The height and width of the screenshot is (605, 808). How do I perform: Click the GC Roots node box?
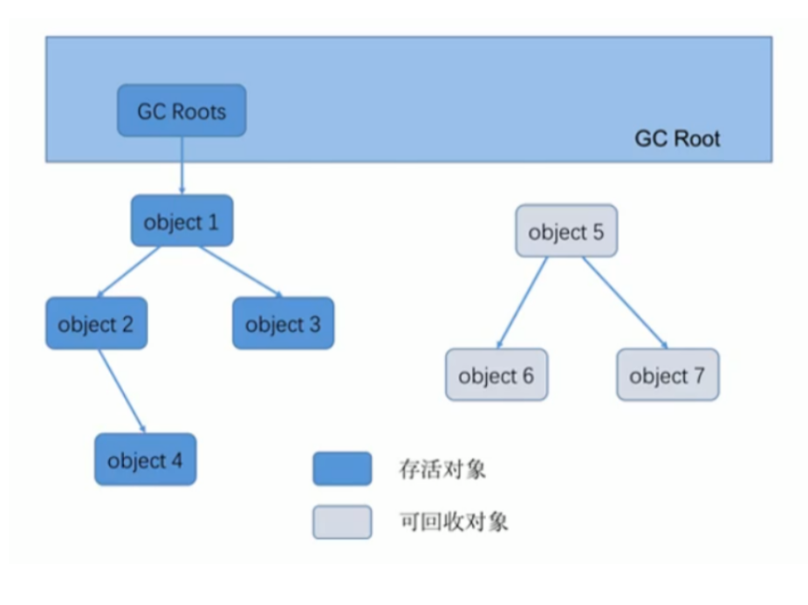[x=181, y=111]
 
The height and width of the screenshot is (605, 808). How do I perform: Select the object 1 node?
[x=181, y=221]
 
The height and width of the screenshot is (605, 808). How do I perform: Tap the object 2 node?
[x=96, y=324]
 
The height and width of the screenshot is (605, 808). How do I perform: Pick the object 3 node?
[x=283, y=324]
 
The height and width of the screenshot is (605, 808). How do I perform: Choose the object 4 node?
[x=145, y=459]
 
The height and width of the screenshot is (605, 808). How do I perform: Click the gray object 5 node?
[x=565, y=231]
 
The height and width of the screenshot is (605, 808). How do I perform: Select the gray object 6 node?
[x=496, y=375]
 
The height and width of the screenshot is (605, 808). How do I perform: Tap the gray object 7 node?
[x=668, y=375]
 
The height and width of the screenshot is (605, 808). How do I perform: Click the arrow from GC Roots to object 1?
[x=181, y=166]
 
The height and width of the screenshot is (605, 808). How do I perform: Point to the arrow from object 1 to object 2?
[x=129, y=272]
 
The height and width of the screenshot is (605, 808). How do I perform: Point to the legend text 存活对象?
[x=442, y=470]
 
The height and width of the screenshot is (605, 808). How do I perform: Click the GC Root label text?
[x=677, y=139]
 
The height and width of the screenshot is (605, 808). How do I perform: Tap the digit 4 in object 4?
[x=177, y=460]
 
